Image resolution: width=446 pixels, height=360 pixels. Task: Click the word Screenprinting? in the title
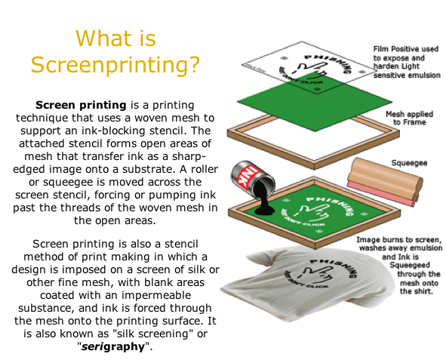[115, 65]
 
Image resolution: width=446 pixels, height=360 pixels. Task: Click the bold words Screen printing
[81, 105]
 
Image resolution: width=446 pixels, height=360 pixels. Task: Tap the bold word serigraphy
[113, 346]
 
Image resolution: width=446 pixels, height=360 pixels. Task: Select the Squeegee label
[409, 163]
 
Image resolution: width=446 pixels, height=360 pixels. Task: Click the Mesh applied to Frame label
[409, 118]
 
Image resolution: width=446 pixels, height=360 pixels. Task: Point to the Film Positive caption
[407, 62]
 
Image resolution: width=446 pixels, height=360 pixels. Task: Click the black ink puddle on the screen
[265, 210]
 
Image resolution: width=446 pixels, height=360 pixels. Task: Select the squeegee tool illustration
[385, 181]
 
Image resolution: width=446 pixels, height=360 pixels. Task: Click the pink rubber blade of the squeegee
[381, 193]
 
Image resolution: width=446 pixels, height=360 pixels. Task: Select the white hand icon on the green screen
[313, 212]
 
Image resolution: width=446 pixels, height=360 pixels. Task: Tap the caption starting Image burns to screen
[399, 266]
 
